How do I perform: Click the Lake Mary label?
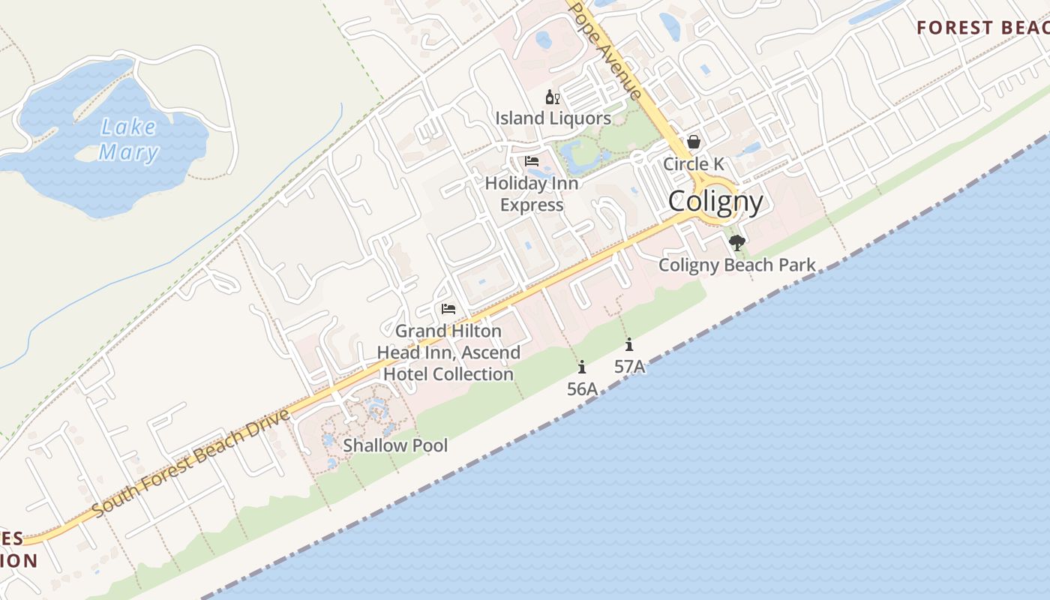coord(129,139)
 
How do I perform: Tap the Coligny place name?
coord(715,201)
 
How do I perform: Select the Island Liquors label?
coord(553,118)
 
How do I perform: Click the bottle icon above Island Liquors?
coord(552,97)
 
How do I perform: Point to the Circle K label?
coord(694,163)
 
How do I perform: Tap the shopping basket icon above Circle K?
coord(694,142)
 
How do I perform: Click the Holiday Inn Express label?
coord(532,193)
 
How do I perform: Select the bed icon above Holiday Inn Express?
coord(532,161)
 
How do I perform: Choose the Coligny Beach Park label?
coord(737,265)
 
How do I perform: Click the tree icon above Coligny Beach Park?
coord(737,242)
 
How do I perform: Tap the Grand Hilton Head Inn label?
coord(448,352)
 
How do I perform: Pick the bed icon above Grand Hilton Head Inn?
coord(448,309)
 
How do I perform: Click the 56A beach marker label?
coord(582,388)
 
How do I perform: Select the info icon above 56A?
coord(582,367)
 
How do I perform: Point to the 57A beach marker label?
coord(629,367)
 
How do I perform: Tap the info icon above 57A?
coord(629,345)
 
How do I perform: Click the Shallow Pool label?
coord(395,445)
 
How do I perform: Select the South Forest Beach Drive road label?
coord(192,463)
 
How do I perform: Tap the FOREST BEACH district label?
coord(982,28)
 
